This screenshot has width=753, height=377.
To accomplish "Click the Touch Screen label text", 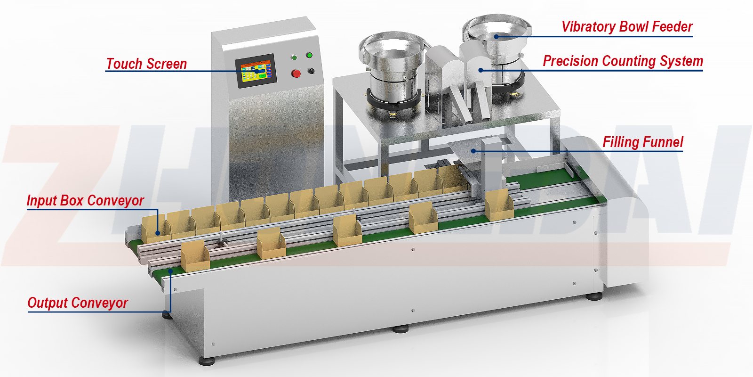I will pos(146,64).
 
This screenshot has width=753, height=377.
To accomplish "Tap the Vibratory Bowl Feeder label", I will pos(627,27).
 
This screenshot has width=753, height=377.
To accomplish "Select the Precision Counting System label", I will pos(623,61).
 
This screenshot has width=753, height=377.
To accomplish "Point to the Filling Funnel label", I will pos(643,142).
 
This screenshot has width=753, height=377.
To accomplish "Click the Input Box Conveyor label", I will pos(85,201).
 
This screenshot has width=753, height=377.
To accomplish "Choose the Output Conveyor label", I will pos(78,303).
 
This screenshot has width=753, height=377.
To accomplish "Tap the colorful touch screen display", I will pos(255,72).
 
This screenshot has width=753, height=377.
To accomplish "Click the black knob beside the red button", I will pos(311,71).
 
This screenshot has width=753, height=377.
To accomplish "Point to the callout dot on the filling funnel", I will pos(474,151).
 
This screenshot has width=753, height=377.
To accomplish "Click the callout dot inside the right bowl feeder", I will pos(496,36).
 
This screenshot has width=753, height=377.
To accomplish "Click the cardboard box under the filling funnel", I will pos(499,205).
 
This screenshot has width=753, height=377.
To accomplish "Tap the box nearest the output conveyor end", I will pos(194,257).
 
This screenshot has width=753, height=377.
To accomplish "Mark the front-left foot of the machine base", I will pos(206,361).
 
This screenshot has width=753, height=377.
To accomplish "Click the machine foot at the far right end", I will pos(594,297).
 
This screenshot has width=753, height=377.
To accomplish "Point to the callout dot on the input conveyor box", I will pos(157,233).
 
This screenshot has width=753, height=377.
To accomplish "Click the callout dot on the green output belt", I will pos(170,271).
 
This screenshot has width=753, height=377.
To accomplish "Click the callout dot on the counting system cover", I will pos(481,70).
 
